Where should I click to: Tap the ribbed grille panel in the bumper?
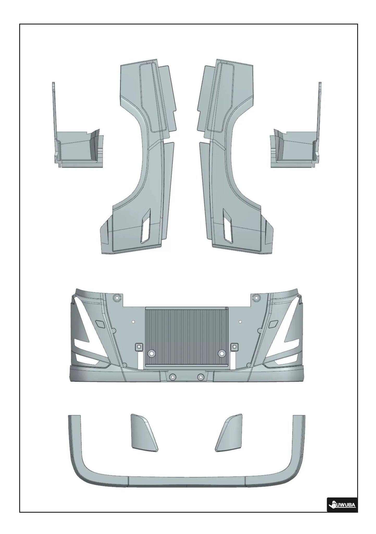[186, 337]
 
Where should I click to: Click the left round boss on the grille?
[151, 354]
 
